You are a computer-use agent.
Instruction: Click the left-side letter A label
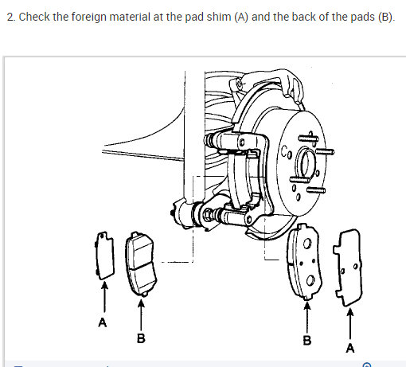pos(103,322)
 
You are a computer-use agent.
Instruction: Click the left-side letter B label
pos(141,338)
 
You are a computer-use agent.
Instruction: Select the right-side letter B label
pos(307,340)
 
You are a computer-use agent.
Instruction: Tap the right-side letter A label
pos(350,348)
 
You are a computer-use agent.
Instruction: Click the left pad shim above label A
pos(104,256)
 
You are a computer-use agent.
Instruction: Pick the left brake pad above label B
pos(141,264)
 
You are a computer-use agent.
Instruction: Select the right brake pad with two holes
pos(305,261)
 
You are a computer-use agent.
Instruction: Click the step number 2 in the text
pos(11,18)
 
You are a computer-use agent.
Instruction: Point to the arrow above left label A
pos(104,297)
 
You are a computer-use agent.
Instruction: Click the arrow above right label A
pos(350,323)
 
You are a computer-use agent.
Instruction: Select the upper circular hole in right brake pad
pos(307,244)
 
